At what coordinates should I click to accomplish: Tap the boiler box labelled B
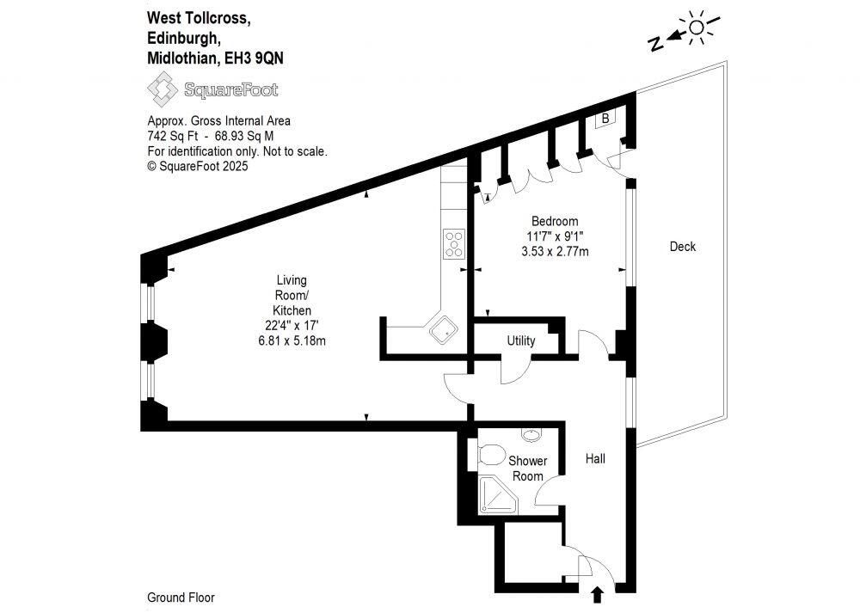tap(605, 119)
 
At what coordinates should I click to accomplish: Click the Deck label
tap(682, 247)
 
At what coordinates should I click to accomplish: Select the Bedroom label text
tap(554, 221)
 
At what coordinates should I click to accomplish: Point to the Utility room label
tap(521, 340)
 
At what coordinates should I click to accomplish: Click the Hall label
tap(595, 458)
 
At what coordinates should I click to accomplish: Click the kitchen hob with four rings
tap(454, 243)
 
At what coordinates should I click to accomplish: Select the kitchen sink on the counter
tap(445, 329)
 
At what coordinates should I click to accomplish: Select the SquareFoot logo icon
tap(161, 89)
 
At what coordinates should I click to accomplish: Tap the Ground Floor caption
tap(181, 598)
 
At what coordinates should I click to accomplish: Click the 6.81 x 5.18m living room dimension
tap(292, 340)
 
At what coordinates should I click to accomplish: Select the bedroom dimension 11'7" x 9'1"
tap(554, 236)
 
